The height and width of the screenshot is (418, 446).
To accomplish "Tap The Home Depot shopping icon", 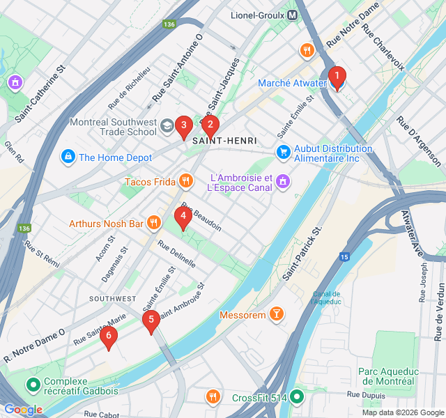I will point(68,157).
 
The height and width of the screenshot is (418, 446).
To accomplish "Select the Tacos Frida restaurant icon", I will point(185,182).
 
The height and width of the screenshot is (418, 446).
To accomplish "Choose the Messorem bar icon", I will point(277,315).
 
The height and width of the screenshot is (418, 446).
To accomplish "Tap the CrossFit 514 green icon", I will point(298,397).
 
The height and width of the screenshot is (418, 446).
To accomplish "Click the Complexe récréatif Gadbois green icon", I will point(32,384).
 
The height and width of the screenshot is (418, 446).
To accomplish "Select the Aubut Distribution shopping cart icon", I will point(283,151).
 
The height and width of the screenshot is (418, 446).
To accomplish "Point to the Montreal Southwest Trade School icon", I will point(167,126).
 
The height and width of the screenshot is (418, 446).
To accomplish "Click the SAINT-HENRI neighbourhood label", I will point(224,141).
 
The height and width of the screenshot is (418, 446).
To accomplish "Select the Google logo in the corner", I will point(22,410).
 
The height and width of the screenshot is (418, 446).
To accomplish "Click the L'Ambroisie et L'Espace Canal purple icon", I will point(283,181).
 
